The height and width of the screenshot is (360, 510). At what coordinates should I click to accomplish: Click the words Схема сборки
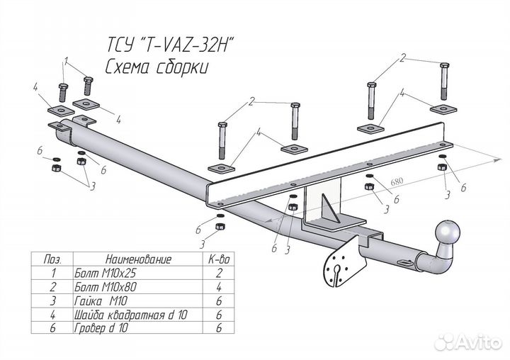(157, 68)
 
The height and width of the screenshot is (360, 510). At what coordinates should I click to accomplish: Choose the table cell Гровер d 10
(98, 328)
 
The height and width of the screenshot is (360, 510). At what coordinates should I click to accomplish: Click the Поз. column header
(52, 259)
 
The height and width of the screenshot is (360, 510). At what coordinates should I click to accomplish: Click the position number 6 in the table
(51, 328)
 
